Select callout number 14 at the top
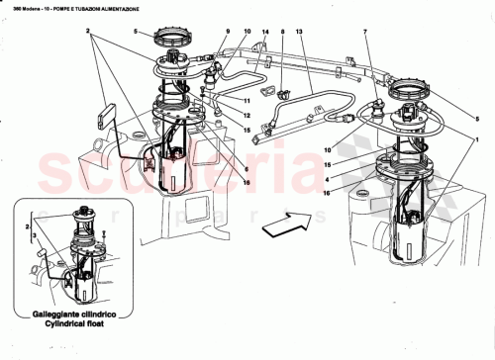[x=265, y=33]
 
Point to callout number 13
[x=299, y=33]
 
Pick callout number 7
[x=366, y=33]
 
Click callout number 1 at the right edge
[x=478, y=140]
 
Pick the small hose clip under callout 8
[x=283, y=96]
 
